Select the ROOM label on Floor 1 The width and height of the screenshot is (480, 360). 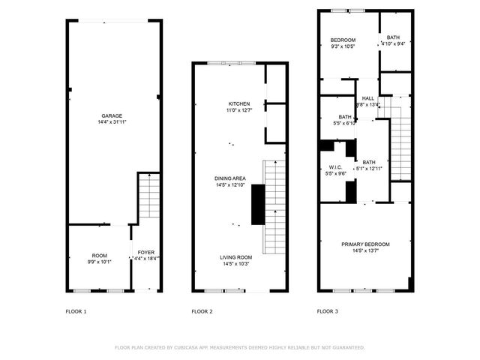[100, 256]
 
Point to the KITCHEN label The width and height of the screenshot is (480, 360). [239, 103]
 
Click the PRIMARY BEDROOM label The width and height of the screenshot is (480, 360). [365, 244]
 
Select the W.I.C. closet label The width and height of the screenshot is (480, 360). [335, 166]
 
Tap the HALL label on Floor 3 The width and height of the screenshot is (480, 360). [368, 98]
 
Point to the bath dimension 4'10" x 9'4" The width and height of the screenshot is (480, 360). [394, 43]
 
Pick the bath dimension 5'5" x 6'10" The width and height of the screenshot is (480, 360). [344, 123]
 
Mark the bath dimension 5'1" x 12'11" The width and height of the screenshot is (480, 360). [369, 169]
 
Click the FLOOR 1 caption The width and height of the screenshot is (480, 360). [76, 310]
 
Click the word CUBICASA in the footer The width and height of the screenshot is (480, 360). [190, 347]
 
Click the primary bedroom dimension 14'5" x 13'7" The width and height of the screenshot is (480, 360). [365, 250]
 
